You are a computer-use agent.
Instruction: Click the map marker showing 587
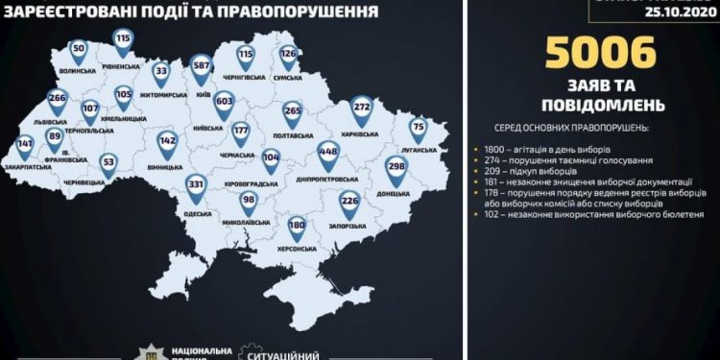tap(201, 65)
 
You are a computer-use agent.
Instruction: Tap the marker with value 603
tap(224, 101)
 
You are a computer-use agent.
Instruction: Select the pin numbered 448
tap(328, 151)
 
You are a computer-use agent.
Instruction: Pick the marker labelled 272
tap(362, 108)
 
